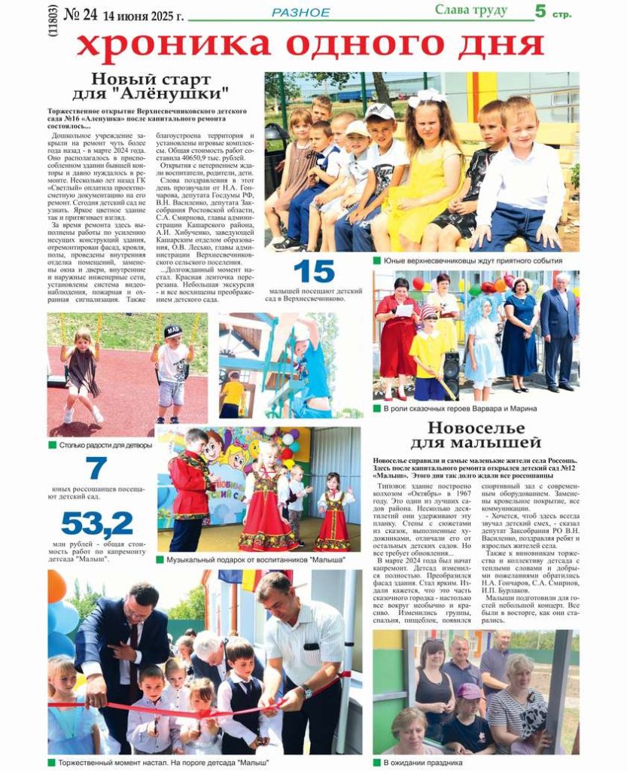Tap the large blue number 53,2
(x=97, y=523)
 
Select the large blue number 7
(x=96, y=468)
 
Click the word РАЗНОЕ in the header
(x=300, y=13)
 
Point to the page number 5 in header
(x=540, y=11)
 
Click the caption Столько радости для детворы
(x=105, y=445)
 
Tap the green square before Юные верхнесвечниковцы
(x=376, y=261)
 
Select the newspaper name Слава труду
(x=471, y=10)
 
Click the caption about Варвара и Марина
(x=459, y=408)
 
